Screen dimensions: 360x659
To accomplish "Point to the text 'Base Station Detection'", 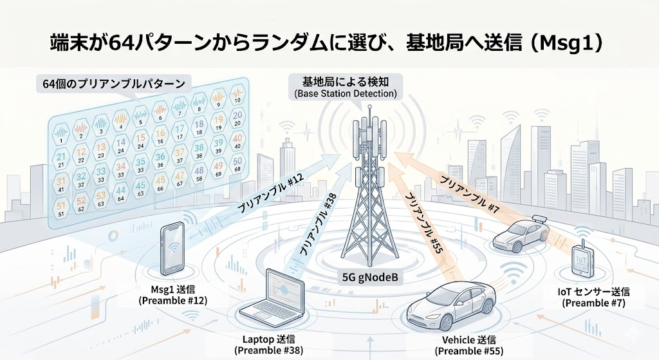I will [x=346, y=94].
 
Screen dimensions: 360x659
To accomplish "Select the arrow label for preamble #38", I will [x=318, y=225].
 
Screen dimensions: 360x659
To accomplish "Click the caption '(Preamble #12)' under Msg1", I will [x=175, y=299].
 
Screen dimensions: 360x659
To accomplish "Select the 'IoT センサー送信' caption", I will [x=593, y=291].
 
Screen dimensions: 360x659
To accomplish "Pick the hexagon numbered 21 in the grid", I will [x=62, y=157].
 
